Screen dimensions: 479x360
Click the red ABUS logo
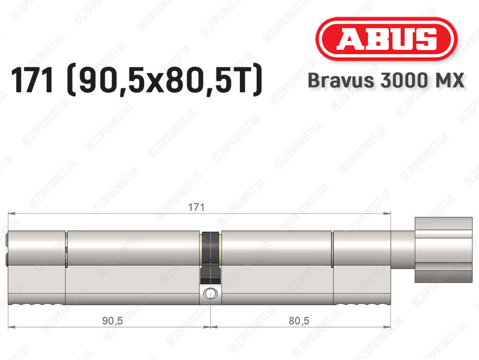[x=386, y=39]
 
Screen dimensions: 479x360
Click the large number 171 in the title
[x=32, y=81]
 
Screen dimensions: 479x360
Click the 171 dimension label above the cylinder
[x=196, y=207]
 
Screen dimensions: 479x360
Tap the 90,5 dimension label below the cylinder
[x=112, y=321]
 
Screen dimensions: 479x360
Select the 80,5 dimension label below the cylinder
[x=299, y=321]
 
